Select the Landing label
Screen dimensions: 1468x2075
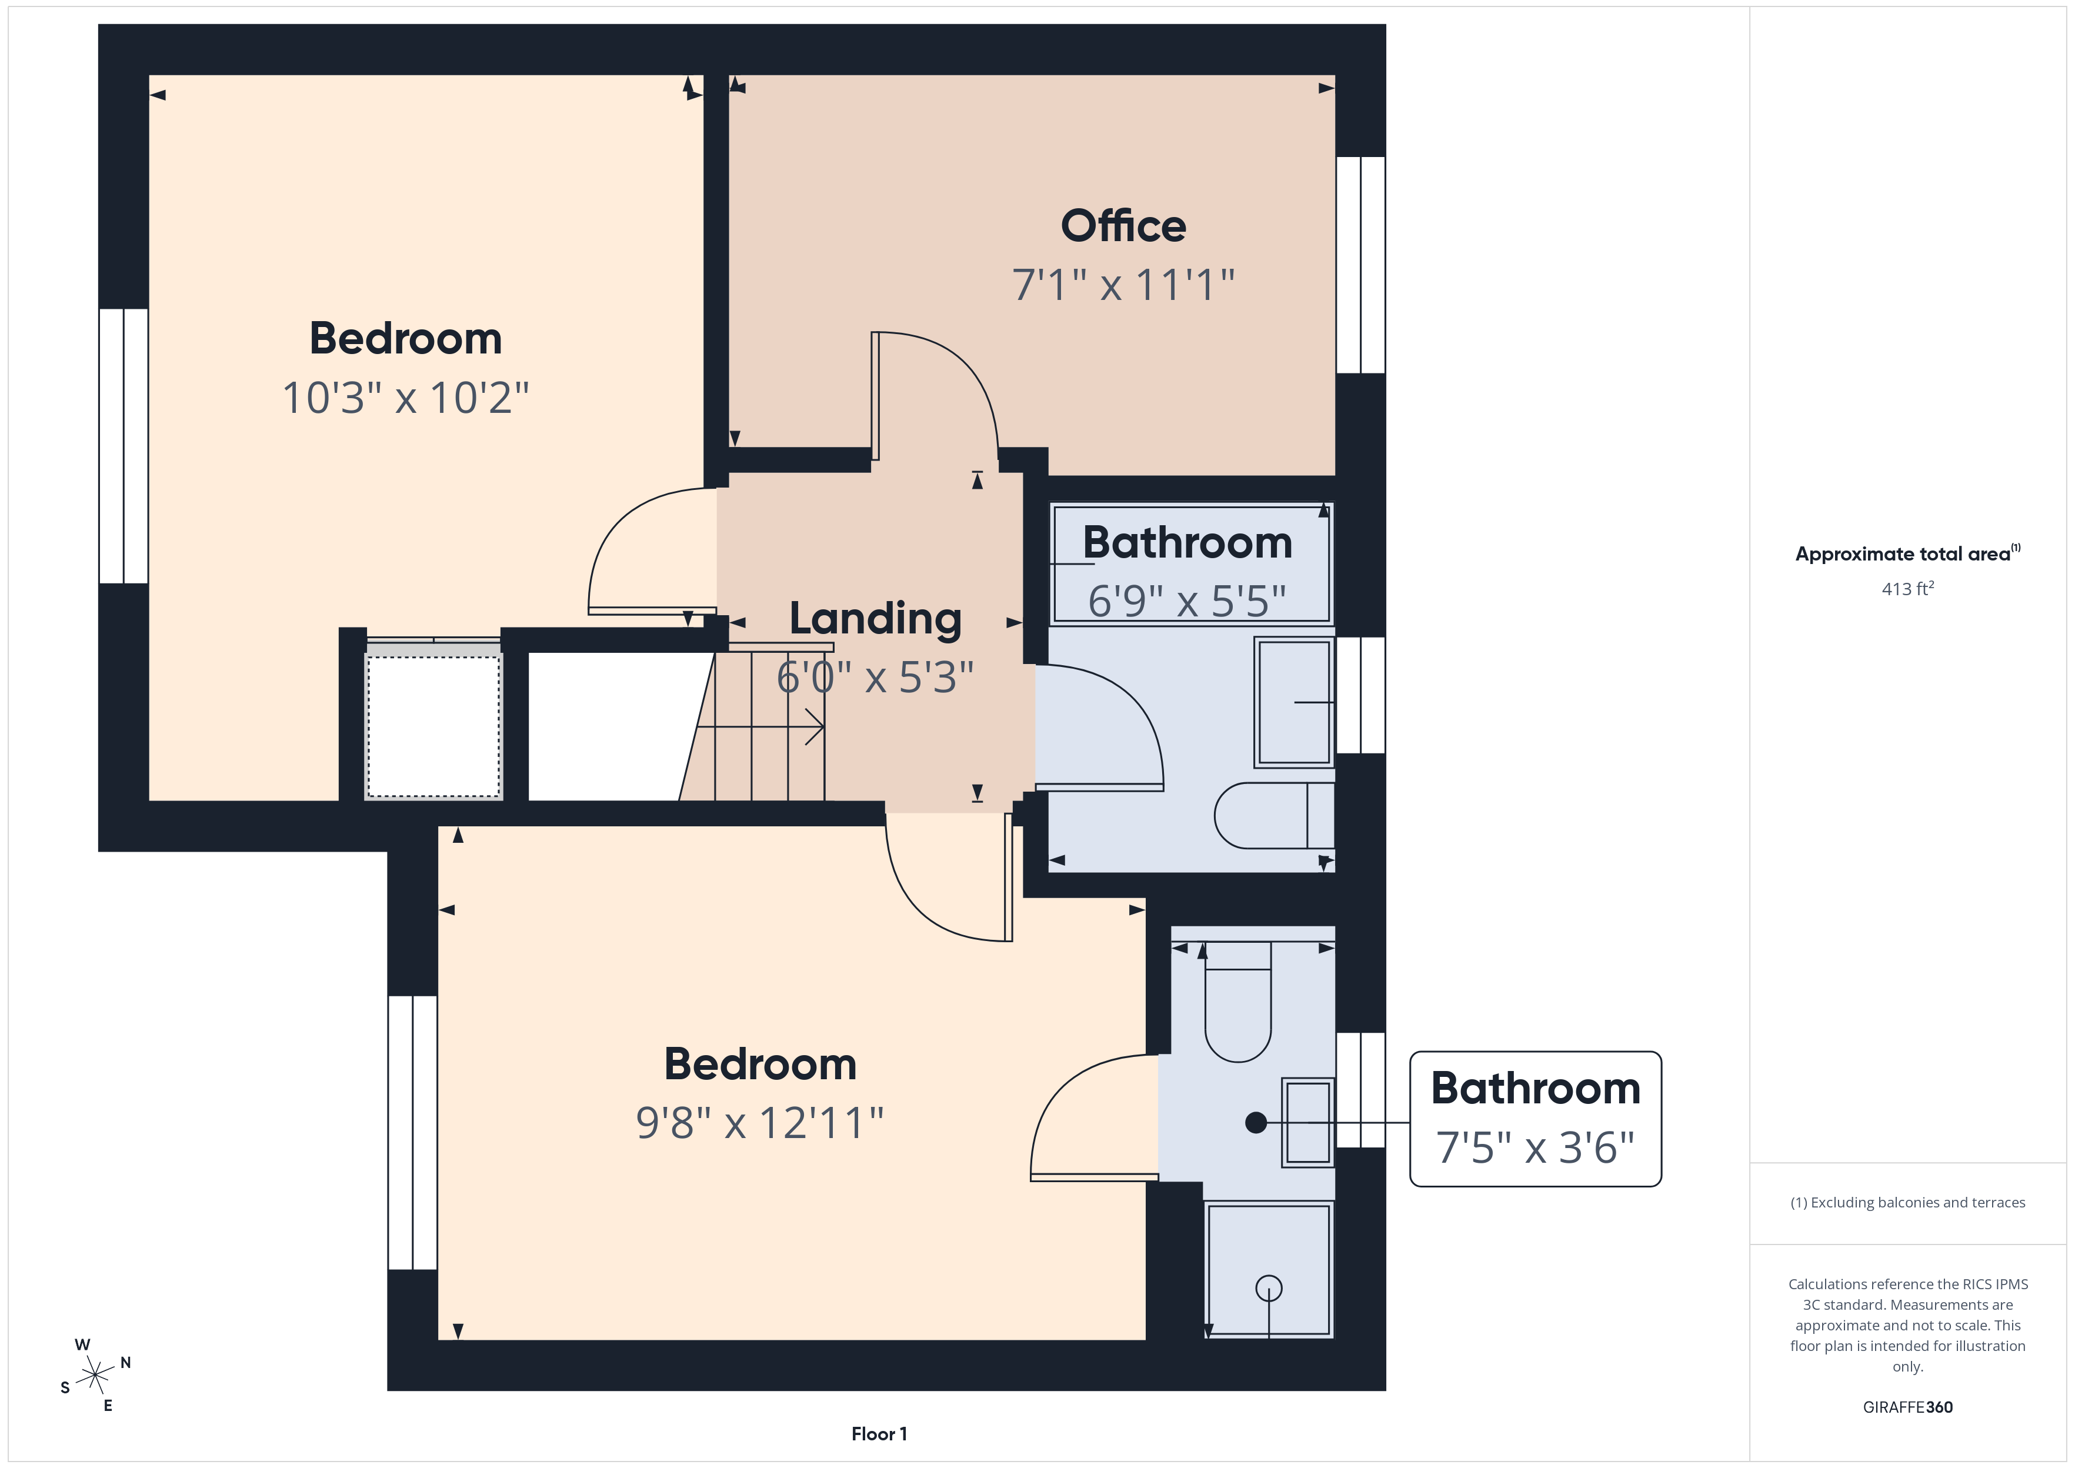tap(875, 620)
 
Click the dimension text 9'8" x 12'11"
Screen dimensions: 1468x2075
tap(759, 1123)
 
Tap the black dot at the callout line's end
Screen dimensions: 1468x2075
tap(1255, 1123)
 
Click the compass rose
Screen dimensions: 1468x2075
tap(94, 1376)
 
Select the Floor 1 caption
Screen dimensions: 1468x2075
tap(879, 1434)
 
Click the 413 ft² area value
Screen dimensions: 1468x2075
tap(1907, 589)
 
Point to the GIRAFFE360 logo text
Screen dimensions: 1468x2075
tap(1907, 1407)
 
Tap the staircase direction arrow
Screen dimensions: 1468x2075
tap(813, 726)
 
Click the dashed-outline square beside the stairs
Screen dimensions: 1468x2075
tap(433, 726)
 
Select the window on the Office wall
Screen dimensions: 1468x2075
tap(1360, 265)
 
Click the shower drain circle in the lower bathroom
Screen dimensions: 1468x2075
tap(1269, 1287)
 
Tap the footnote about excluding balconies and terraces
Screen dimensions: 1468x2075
tap(1907, 1202)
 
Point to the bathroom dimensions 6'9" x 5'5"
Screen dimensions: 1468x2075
tap(1187, 601)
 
